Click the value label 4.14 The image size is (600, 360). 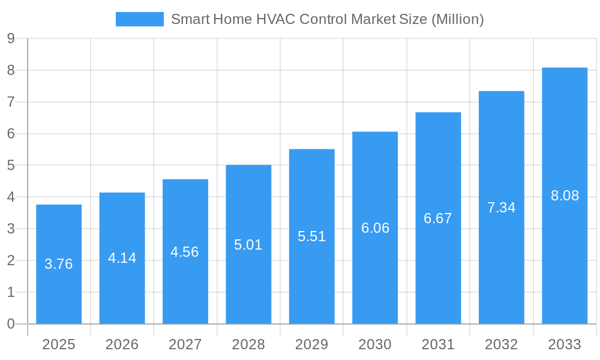coord(122,258)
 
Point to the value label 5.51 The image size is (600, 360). coord(312,236)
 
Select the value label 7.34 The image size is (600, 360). coord(502,208)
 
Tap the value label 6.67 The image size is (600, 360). coord(438,218)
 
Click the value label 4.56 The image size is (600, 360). coord(185,252)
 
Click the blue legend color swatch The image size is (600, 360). coord(139,19)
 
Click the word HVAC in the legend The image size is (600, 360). coord(275,19)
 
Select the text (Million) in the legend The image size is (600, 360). coord(457,19)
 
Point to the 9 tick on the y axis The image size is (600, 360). coord(11,38)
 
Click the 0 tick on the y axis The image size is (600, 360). coord(11,324)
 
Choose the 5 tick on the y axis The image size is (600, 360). coord(11,166)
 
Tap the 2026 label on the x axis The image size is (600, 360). coord(122,344)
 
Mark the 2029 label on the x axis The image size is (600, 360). coord(312,344)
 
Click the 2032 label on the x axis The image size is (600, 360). coord(502,344)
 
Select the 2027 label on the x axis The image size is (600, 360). coord(185,344)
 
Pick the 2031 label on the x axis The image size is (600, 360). coord(438,344)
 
